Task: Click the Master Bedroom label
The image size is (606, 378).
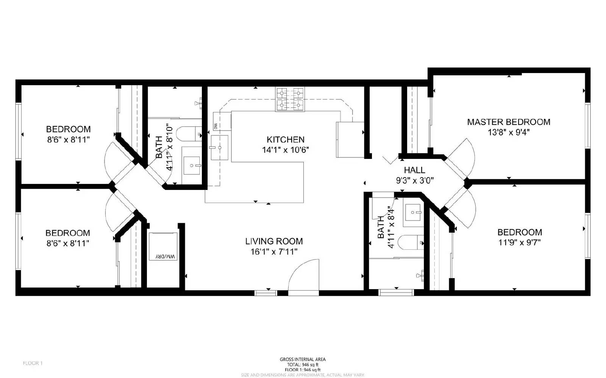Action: click(x=508, y=122)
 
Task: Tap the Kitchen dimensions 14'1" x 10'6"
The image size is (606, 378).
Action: click(x=286, y=150)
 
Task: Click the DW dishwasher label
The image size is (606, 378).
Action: click(x=216, y=126)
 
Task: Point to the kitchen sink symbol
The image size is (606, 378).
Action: click(x=220, y=147)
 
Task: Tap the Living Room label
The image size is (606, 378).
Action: click(x=274, y=241)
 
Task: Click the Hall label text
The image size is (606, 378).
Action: click(x=414, y=170)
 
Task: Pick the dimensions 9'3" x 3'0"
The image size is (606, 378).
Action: click(x=414, y=181)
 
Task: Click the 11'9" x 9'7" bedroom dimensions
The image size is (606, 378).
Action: click(x=519, y=243)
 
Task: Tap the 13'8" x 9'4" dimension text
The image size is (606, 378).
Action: click(x=508, y=132)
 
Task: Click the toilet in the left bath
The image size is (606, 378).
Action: click(x=191, y=133)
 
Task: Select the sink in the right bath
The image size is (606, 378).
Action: click(x=413, y=212)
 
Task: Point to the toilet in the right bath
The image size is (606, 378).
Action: click(x=413, y=242)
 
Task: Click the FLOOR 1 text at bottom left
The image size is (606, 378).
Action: click(x=33, y=363)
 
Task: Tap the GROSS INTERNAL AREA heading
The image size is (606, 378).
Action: click(x=303, y=359)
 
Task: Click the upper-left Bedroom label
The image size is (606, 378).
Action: click(x=68, y=129)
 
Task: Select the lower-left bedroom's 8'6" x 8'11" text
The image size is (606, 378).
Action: click(x=68, y=243)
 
